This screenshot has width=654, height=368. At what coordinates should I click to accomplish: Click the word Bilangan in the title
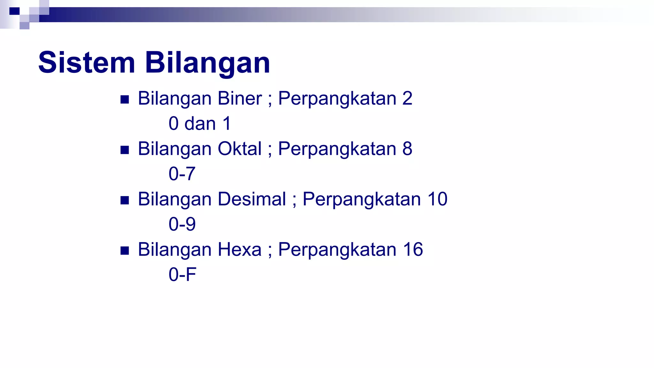click(208, 63)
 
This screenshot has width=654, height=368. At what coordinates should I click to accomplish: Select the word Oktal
click(240, 149)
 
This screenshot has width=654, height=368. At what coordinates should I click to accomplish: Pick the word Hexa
click(240, 249)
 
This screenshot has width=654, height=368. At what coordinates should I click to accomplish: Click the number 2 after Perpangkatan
click(407, 98)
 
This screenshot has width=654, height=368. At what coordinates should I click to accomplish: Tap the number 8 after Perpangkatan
click(407, 149)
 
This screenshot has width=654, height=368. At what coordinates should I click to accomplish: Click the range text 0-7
click(182, 174)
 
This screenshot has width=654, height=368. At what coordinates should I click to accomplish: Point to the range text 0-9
click(182, 224)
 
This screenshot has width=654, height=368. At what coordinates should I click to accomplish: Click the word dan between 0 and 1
click(200, 124)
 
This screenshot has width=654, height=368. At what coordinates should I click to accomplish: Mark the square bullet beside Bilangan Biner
click(125, 100)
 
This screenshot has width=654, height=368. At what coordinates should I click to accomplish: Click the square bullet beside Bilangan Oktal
click(125, 150)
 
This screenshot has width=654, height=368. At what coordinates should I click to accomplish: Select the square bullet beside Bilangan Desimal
click(125, 200)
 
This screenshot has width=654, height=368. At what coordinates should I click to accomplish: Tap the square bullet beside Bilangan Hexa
click(125, 251)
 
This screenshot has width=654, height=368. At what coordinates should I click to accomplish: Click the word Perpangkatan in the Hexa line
click(337, 250)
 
